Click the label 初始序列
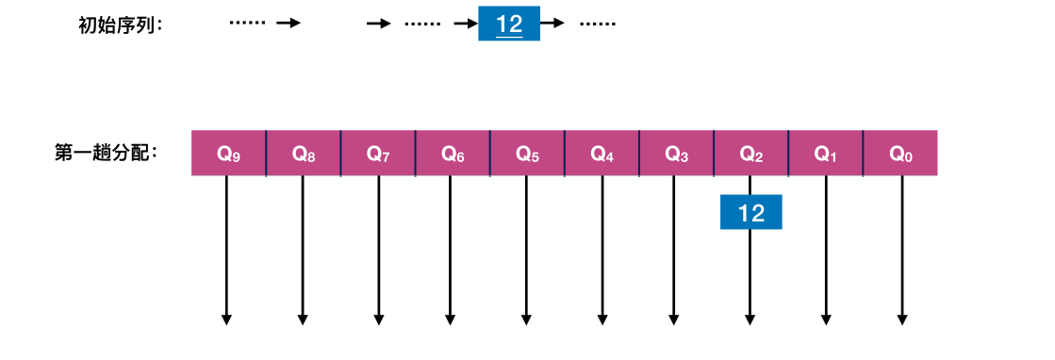(x=120, y=25)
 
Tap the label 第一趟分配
(x=107, y=153)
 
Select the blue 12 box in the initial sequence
(x=509, y=25)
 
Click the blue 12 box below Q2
(x=751, y=213)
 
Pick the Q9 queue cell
(x=228, y=153)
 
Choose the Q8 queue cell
(x=303, y=153)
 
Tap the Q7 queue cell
(x=378, y=153)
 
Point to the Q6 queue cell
(x=453, y=153)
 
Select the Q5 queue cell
(x=527, y=153)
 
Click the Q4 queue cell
(x=602, y=153)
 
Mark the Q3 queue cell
(x=676, y=153)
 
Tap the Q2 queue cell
(x=750, y=153)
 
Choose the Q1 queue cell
(x=825, y=153)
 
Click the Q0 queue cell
(x=900, y=153)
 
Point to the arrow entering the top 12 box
(x=466, y=25)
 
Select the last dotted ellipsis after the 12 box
(x=597, y=25)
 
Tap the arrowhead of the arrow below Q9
(x=226, y=319)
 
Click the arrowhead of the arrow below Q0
(x=902, y=319)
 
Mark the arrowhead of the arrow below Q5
(x=526, y=319)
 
